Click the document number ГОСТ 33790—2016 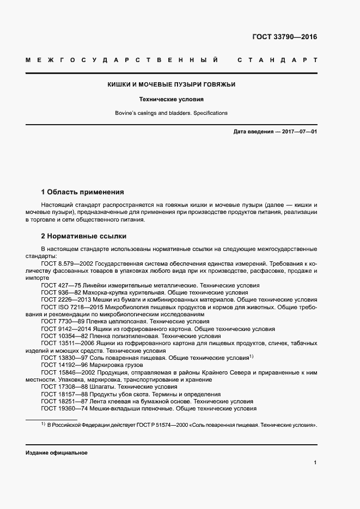(x=285, y=38)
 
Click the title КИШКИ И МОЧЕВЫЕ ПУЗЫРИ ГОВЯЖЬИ (x=171, y=85)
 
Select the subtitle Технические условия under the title (x=171, y=100)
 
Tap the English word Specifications (x=208, y=113)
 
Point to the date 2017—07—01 (x=298, y=132)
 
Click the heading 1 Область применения (x=82, y=192)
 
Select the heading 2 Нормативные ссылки (x=84, y=236)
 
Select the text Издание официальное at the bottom (x=56, y=453)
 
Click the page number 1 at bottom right (x=315, y=463)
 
